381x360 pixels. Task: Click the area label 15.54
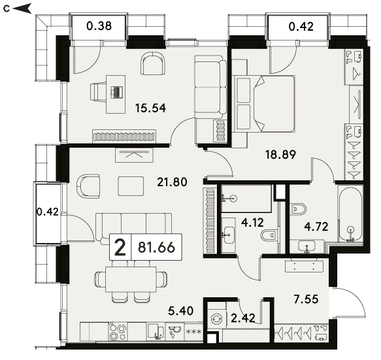150,108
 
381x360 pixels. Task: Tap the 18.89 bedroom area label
280,154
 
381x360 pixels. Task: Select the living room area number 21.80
172,182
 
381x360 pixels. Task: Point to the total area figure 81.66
156,247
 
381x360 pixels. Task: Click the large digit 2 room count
120,247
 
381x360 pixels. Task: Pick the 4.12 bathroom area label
253,223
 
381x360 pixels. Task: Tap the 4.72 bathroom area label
316,227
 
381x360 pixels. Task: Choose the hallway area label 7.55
306,299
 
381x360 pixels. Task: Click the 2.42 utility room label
243,318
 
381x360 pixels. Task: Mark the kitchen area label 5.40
181,311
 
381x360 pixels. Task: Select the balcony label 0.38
99,26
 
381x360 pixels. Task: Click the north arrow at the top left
22,8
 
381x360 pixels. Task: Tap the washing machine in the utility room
216,318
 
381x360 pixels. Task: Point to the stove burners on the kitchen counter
118,332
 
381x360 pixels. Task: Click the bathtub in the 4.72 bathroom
350,214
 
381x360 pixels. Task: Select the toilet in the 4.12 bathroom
269,235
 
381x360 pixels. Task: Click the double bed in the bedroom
263,104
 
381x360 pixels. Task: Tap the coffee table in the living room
131,186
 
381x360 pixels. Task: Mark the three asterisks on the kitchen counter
193,331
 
